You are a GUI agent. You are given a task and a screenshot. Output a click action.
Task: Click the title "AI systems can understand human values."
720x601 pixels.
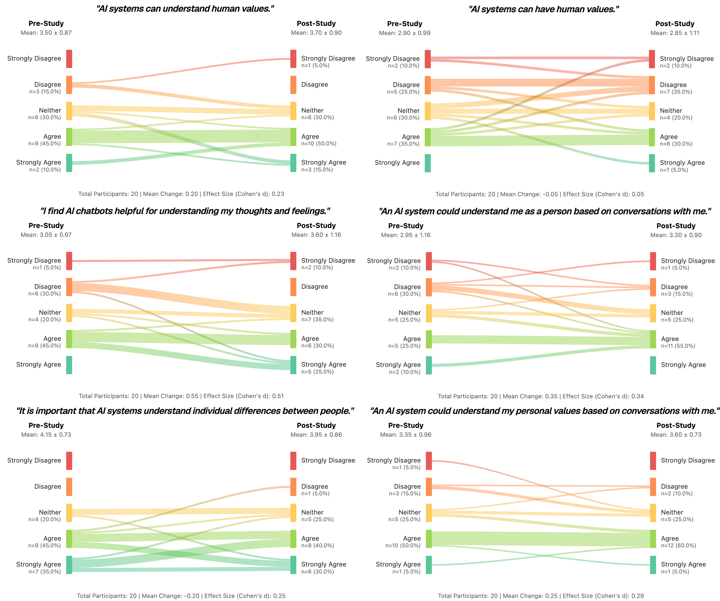click(x=185, y=9)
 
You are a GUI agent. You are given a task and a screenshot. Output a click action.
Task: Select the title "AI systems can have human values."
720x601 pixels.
click(x=543, y=9)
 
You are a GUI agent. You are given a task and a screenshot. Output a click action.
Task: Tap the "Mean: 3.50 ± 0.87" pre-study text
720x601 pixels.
click(x=46, y=33)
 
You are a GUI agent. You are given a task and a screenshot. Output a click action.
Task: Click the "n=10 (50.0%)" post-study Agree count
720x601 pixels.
click(x=319, y=144)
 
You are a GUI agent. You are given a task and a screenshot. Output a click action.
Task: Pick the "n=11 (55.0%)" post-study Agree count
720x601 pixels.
click(x=678, y=346)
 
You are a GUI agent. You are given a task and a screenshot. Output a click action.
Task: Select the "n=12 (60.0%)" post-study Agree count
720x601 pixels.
click(x=678, y=545)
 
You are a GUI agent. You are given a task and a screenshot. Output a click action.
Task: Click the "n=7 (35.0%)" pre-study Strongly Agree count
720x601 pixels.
click(x=44, y=572)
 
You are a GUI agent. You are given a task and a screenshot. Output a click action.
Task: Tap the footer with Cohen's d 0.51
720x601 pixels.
click(x=181, y=396)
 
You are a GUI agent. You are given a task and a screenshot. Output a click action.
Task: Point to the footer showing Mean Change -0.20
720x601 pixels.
click(x=181, y=596)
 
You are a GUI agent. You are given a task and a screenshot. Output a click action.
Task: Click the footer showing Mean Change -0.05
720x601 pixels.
click(x=540, y=194)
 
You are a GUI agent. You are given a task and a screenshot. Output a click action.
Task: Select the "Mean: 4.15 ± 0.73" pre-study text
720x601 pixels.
click(x=46, y=435)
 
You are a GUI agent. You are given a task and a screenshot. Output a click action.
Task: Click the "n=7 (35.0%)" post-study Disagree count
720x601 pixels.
click(x=676, y=92)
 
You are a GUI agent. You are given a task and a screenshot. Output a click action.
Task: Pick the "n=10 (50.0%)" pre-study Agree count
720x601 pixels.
click(x=403, y=545)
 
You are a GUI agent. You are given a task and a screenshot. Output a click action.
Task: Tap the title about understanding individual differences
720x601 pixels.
click(x=185, y=411)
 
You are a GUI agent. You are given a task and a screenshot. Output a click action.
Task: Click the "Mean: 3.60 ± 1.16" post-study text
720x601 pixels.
click(x=316, y=235)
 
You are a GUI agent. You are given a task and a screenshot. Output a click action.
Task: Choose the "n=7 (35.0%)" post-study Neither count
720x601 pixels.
click(x=317, y=319)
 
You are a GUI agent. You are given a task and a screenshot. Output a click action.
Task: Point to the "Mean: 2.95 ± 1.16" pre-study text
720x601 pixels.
click(x=406, y=235)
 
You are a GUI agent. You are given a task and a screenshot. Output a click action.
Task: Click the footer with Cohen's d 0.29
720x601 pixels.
click(x=541, y=596)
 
